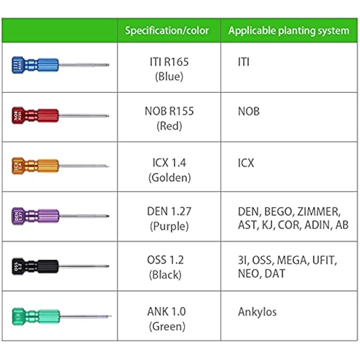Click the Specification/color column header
click(167, 31)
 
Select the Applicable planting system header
click(289, 31)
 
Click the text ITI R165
click(169, 62)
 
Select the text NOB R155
click(169, 111)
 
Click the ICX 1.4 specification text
click(169, 162)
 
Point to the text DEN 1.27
click(169, 211)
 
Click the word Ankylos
click(257, 312)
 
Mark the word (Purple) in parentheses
click(169, 226)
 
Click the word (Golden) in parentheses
click(169, 177)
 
